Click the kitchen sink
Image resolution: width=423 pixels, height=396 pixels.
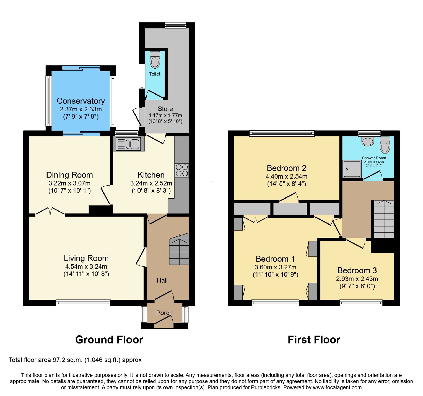[x=129, y=144]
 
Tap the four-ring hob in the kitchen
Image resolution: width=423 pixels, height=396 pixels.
[x=182, y=170]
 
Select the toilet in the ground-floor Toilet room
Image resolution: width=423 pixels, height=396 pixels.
[x=155, y=60]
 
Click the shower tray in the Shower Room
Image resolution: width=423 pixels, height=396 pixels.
[x=352, y=169]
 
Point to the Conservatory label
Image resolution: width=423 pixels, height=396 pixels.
[x=81, y=101]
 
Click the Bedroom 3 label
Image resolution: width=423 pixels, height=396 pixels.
[x=357, y=270]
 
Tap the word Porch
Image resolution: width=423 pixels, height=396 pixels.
[x=164, y=313]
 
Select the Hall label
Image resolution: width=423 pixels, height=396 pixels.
[x=162, y=280]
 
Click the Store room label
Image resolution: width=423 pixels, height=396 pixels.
[x=165, y=109]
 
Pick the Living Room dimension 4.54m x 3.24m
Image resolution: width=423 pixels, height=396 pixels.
[x=86, y=266]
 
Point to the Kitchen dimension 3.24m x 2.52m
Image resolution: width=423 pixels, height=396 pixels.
[x=151, y=183]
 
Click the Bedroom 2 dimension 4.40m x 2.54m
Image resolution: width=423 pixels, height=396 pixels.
[x=287, y=176]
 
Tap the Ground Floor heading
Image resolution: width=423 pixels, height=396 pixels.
[x=109, y=340]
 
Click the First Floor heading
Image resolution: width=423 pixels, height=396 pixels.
[x=314, y=340]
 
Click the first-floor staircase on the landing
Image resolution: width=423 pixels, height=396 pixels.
[x=384, y=219]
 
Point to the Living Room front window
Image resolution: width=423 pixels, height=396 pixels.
[x=83, y=303]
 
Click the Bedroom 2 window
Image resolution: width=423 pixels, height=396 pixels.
[x=282, y=133]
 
